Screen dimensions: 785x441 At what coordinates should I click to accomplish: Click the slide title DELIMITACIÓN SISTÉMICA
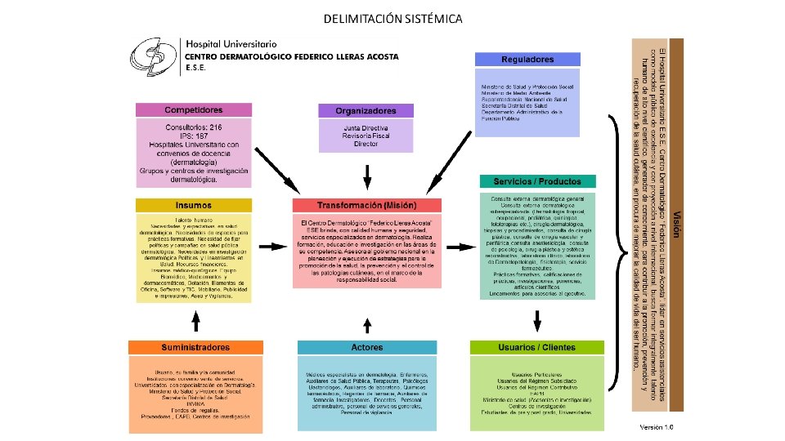pyautogui.click(x=392, y=18)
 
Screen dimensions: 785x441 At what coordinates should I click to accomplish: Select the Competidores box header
pyautogui.click(x=193, y=109)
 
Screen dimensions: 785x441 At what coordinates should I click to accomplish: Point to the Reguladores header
pyautogui.click(x=528, y=60)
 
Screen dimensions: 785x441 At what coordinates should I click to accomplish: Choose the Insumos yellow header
pyautogui.click(x=193, y=205)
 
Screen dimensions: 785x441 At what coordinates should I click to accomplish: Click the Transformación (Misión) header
pyautogui.click(x=366, y=205)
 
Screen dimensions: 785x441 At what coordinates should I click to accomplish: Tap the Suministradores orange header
pyautogui.click(x=195, y=347)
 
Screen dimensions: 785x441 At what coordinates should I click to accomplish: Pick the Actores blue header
pyautogui.click(x=366, y=347)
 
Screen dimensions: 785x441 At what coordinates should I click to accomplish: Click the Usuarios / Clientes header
pyautogui.click(x=536, y=347)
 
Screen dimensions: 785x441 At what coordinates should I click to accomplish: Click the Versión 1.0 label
pyautogui.click(x=656, y=426)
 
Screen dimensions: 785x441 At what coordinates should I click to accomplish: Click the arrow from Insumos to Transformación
pyautogui.click(x=271, y=245)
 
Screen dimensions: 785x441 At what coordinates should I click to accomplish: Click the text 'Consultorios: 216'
pyautogui.click(x=193, y=128)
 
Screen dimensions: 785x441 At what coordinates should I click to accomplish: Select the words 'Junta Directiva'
pyautogui.click(x=366, y=128)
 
